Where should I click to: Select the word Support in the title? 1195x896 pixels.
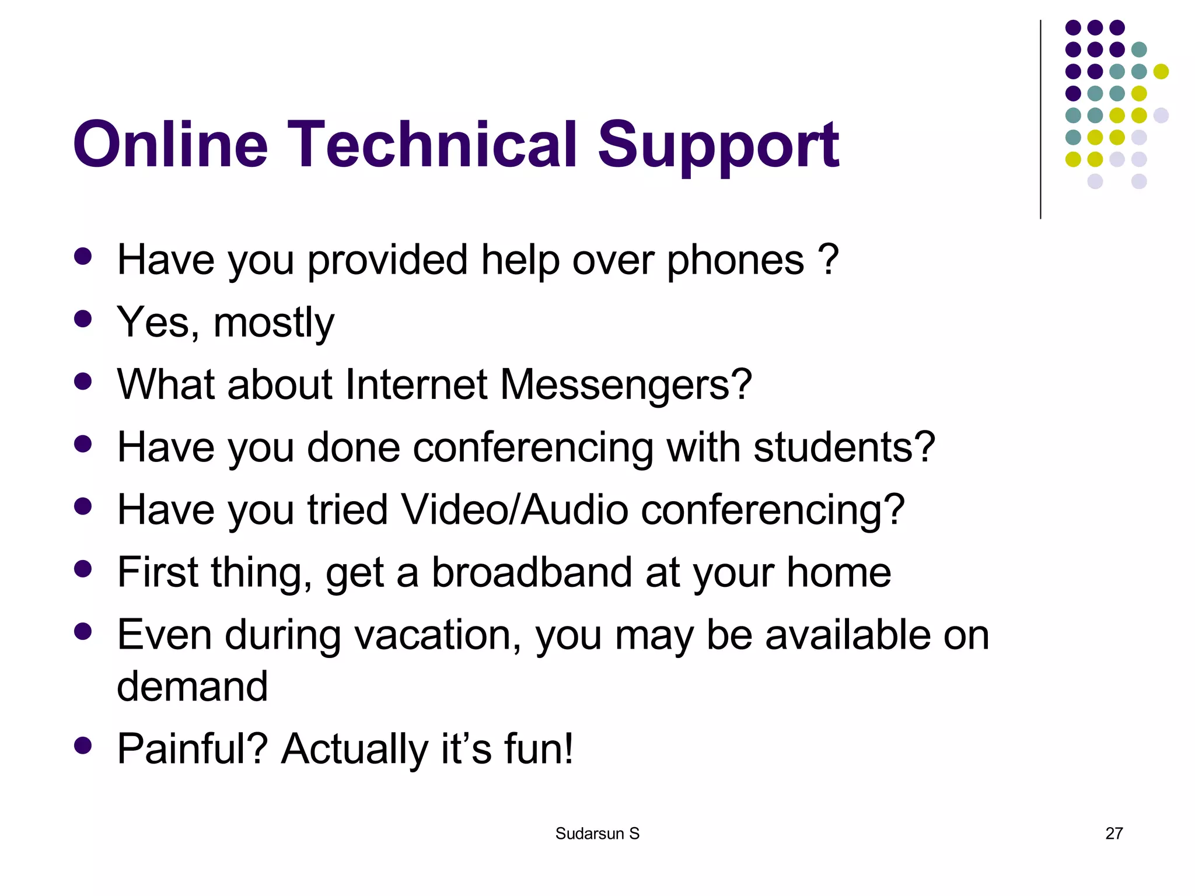[x=718, y=145]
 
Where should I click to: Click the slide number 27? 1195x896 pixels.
[x=1114, y=833]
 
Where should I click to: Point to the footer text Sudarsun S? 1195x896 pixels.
[x=597, y=834]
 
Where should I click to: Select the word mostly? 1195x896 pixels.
[x=274, y=323]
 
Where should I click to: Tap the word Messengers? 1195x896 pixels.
[x=625, y=385]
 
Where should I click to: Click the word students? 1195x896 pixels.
[x=844, y=447]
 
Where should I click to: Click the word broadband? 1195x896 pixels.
[x=532, y=572]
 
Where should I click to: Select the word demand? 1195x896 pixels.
[x=192, y=686]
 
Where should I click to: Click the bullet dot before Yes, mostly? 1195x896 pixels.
[x=83, y=318]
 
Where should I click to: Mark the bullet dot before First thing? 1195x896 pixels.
[x=83, y=568]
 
